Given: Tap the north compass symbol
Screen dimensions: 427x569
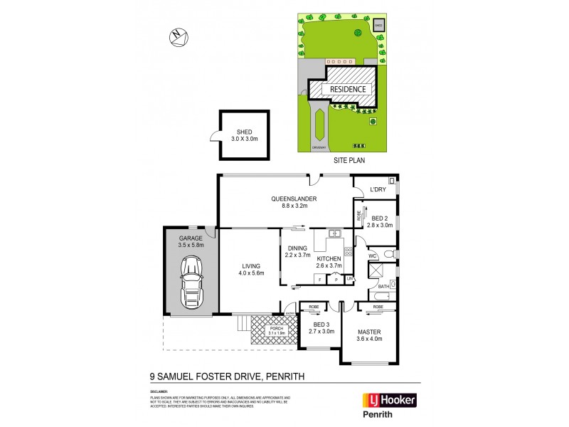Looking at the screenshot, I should [x=178, y=36].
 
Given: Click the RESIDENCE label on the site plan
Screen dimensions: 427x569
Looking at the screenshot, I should [x=348, y=90].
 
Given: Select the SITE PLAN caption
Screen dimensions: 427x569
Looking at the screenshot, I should [x=349, y=161].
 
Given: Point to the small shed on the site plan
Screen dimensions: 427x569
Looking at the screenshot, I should [x=378, y=26].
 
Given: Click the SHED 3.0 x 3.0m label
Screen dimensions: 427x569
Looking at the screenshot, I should [x=243, y=135].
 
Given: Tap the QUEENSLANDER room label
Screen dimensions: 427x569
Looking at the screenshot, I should [x=294, y=203].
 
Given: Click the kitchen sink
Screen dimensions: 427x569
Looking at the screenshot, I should [x=334, y=234].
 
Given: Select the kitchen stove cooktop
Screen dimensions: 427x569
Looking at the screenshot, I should [x=349, y=251].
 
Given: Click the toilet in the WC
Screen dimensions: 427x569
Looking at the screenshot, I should [x=388, y=254].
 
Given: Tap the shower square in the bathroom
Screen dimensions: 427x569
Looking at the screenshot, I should [x=377, y=270].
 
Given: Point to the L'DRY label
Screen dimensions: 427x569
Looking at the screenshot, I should [x=378, y=190].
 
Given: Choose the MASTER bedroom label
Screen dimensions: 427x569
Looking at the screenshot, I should [x=370, y=335].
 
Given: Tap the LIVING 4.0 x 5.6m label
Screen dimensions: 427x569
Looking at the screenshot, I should [x=250, y=269].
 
